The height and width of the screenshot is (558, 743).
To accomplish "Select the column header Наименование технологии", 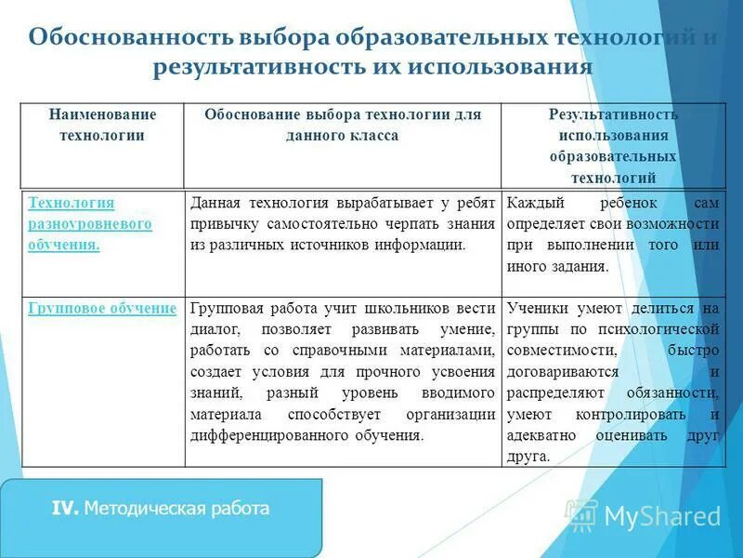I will click(x=102, y=125).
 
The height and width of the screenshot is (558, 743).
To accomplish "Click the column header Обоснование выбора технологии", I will click(x=343, y=125).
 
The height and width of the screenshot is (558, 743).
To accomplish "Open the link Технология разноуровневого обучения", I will click(x=90, y=224).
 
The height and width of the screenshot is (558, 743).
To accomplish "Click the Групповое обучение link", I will click(x=102, y=308).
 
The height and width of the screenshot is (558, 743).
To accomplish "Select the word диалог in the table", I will click(x=216, y=329).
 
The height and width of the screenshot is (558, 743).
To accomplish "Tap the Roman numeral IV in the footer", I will click(x=64, y=508).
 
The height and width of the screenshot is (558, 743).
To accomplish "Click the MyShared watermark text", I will click(x=662, y=515).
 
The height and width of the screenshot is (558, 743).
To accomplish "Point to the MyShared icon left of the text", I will click(x=581, y=514).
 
